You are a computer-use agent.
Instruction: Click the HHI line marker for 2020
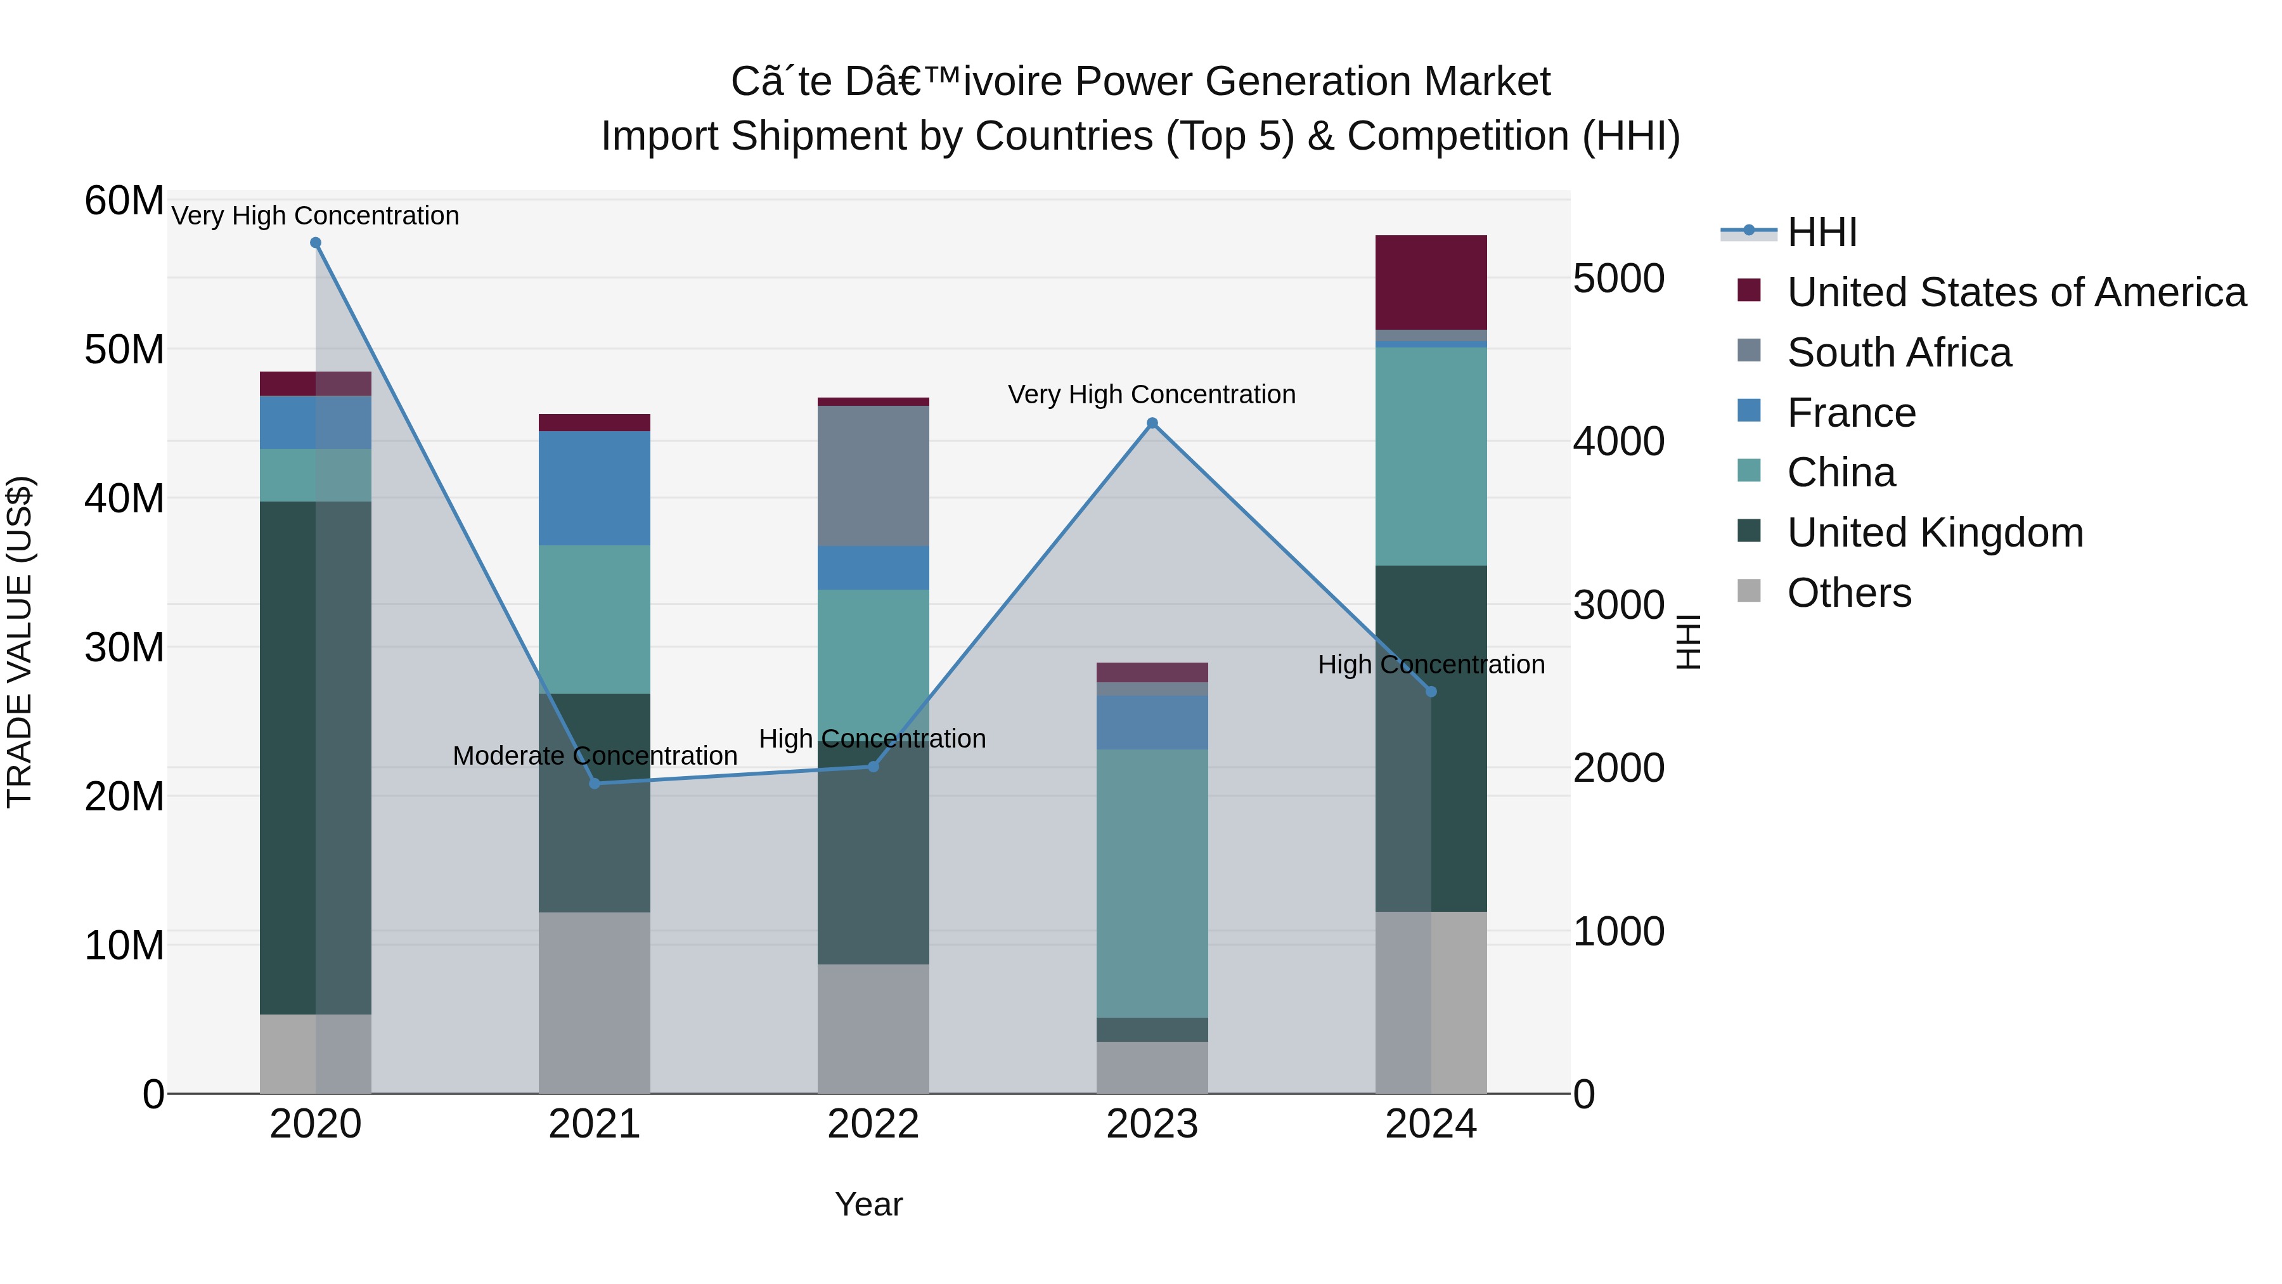click(316, 243)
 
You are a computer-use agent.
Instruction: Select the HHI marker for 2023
click(1152, 424)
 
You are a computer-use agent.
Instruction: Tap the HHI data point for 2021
click(595, 783)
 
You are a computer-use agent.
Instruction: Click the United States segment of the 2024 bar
click(1431, 283)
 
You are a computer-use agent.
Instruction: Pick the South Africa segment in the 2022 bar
click(873, 476)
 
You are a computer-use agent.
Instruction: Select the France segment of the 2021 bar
click(595, 488)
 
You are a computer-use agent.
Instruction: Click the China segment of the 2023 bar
click(1152, 883)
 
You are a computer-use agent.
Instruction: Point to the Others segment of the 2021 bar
click(595, 1002)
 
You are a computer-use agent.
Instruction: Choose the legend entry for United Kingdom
click(1935, 533)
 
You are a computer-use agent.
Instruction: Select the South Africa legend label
click(1898, 353)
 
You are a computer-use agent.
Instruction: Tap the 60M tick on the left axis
click(124, 201)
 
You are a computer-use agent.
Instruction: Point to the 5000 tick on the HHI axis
click(1618, 279)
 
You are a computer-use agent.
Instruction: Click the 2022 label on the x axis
click(873, 1124)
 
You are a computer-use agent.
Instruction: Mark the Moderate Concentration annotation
click(595, 756)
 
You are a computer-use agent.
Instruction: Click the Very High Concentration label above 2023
click(1152, 394)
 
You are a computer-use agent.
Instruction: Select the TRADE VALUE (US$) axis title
click(20, 642)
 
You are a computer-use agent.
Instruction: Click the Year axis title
click(868, 1204)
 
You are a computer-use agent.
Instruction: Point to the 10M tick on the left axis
click(124, 945)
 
